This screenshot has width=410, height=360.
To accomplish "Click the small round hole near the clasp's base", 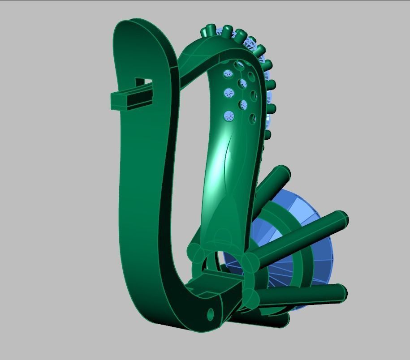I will pyautogui.click(x=211, y=314).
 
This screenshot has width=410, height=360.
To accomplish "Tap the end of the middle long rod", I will pyautogui.click(x=341, y=219).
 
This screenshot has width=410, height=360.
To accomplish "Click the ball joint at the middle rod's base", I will pyautogui.click(x=250, y=263).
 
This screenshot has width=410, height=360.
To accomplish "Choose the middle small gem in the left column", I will pyautogui.click(x=229, y=93).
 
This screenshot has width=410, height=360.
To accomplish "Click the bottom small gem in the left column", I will pyautogui.click(x=229, y=116).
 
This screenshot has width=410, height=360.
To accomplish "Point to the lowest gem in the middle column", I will pyautogui.click(x=243, y=105).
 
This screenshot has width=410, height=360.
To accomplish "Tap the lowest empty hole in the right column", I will pyautogui.click(x=252, y=119).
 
